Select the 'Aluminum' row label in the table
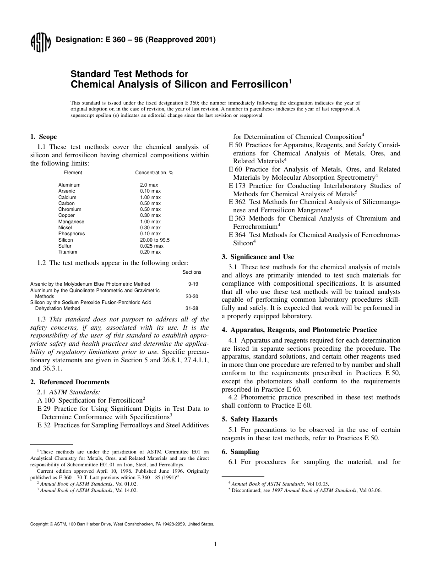click(x=69, y=185)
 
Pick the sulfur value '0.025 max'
click(x=152, y=246)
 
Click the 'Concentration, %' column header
click(x=154, y=172)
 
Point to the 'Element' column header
click(x=73, y=172)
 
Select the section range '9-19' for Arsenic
click(x=193, y=284)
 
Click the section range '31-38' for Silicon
click(x=193, y=308)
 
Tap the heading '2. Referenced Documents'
click(x=70, y=382)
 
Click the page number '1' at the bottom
click(x=215, y=544)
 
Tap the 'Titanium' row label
click(x=68, y=252)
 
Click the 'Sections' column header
click(x=192, y=272)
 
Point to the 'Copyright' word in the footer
click(x=39, y=523)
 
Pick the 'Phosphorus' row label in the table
click(x=71, y=233)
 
